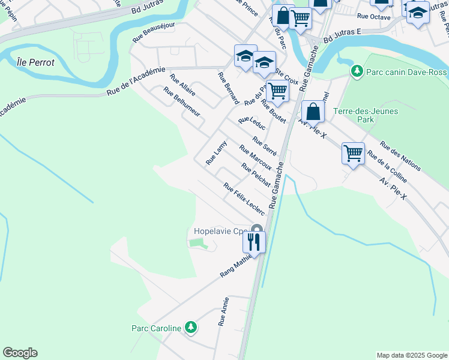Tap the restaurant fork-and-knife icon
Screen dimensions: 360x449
click(253, 242)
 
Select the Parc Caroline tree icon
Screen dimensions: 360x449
click(190, 328)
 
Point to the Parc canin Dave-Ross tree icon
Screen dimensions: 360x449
click(357, 72)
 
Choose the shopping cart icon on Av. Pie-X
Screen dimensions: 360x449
click(353, 153)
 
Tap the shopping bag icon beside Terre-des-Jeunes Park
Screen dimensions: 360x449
click(312, 112)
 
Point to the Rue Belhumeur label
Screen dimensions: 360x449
click(182, 102)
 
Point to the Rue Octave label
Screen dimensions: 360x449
click(373, 17)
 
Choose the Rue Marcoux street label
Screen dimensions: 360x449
click(255, 157)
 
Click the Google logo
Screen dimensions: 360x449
click(20, 353)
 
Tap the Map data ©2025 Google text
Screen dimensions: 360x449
click(411, 355)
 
